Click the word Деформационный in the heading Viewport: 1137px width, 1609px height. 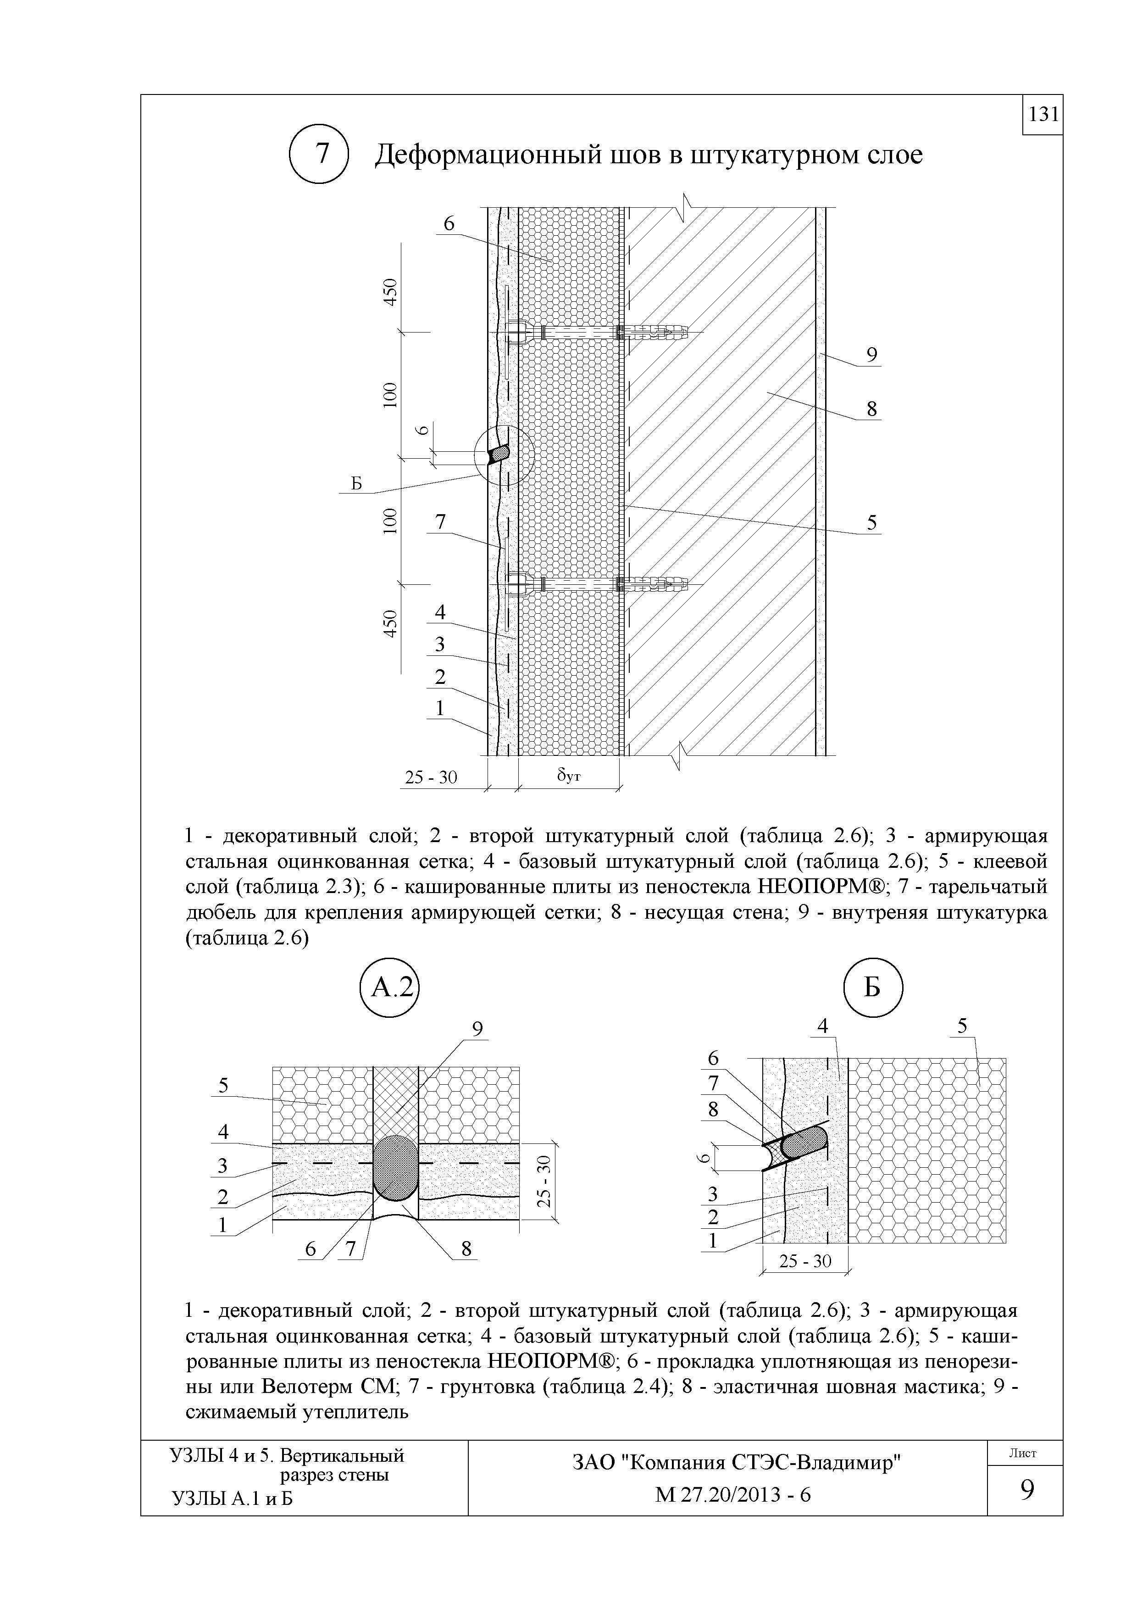488,155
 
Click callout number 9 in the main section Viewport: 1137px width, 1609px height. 871,355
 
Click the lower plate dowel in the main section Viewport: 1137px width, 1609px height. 595,583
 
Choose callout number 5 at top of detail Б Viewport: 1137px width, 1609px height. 963,1026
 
